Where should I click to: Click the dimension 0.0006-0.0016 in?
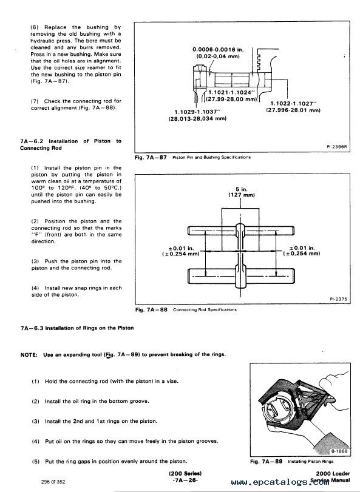[x=218, y=50]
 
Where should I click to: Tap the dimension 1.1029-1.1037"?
[x=198, y=112]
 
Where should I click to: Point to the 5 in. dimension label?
[x=242, y=189]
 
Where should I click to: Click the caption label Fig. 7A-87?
[x=151, y=157]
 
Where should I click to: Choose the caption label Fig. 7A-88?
[x=151, y=309]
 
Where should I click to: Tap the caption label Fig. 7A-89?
[x=266, y=462]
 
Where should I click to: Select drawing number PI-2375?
[x=338, y=299]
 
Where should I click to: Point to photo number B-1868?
[x=339, y=451]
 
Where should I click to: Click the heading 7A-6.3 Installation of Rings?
[x=77, y=328]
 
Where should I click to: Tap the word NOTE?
[x=29, y=355]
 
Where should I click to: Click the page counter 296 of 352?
[x=53, y=482]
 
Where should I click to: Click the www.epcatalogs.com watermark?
[x=280, y=482]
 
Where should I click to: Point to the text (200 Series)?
[x=185, y=473]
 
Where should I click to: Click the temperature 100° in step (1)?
[x=38, y=188]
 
